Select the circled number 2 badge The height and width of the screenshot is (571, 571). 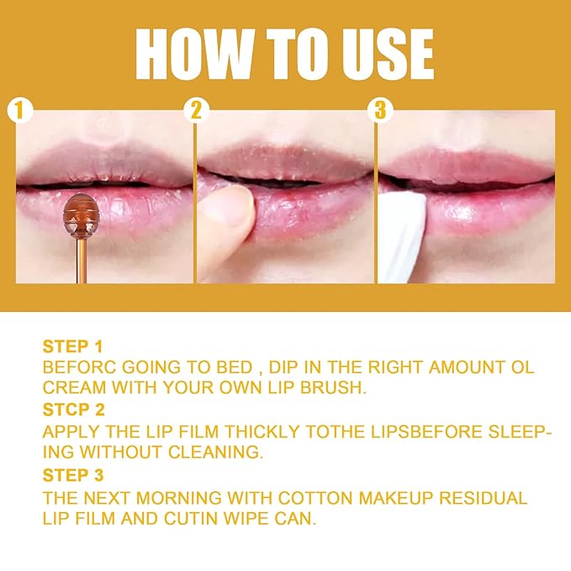[198, 110]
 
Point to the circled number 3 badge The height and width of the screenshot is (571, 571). [379, 110]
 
